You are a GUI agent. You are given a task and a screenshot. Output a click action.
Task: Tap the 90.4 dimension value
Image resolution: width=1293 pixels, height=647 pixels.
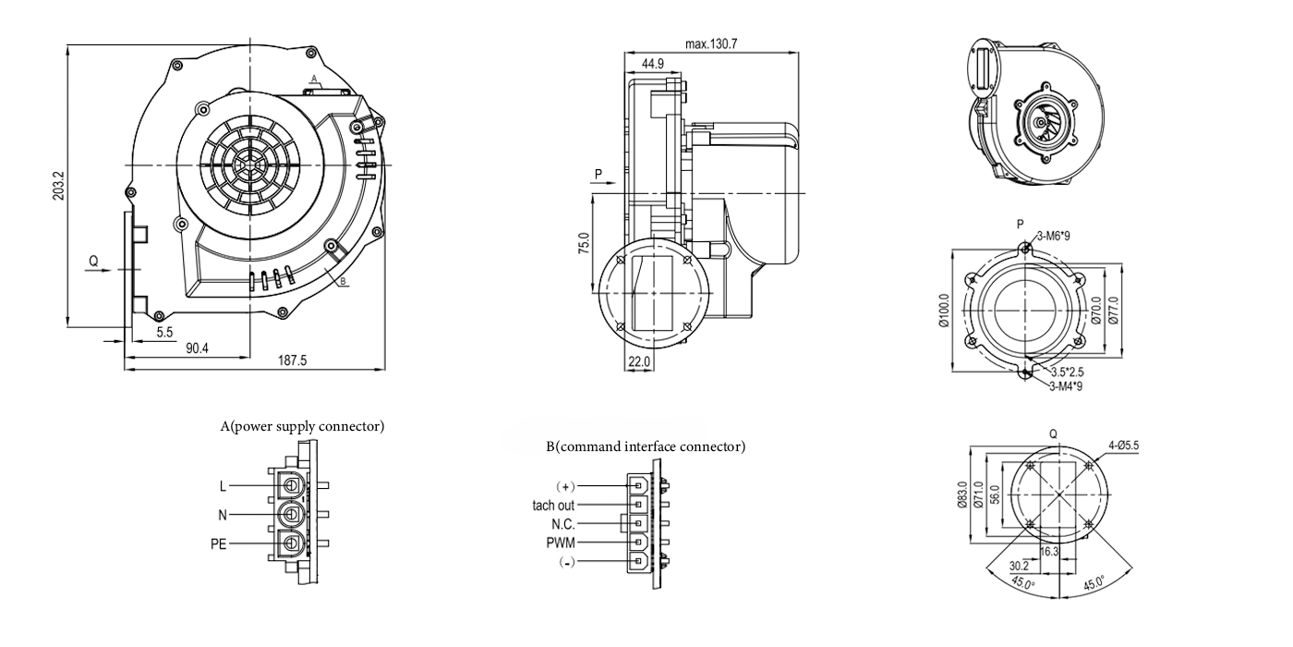(x=197, y=348)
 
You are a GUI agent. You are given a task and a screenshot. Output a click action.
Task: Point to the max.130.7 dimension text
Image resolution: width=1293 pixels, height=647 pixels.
(x=711, y=43)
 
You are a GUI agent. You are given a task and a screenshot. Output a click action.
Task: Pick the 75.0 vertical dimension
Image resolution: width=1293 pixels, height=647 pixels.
(x=584, y=246)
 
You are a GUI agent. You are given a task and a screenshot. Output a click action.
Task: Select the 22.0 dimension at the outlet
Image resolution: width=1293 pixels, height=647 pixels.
(x=639, y=361)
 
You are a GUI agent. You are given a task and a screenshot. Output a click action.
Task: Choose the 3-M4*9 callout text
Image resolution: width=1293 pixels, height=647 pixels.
(x=1065, y=386)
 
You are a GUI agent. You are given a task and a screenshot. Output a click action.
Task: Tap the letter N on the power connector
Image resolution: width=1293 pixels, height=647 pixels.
(x=223, y=514)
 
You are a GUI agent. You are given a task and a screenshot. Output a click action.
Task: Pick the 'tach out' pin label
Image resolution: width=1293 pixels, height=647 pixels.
(x=553, y=506)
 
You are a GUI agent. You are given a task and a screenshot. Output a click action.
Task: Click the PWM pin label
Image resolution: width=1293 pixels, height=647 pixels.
(x=561, y=543)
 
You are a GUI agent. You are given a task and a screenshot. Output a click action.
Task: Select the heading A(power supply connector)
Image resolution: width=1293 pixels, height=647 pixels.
(x=302, y=427)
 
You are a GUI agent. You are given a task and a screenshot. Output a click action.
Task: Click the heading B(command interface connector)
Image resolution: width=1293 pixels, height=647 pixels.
(x=645, y=447)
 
